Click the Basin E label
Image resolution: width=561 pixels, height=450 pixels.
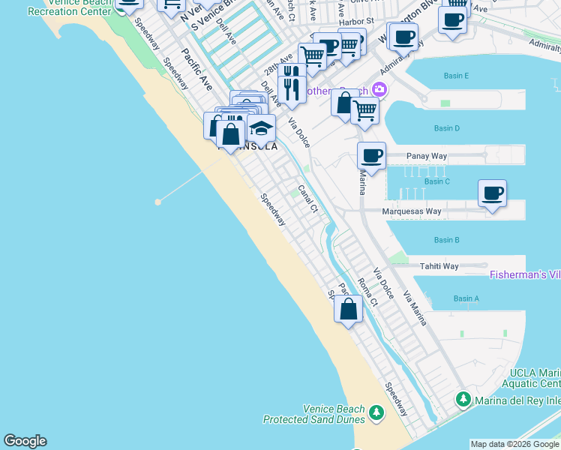point(456,76)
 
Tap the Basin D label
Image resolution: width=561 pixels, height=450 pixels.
point(446,128)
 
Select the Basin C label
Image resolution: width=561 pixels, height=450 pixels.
point(436,181)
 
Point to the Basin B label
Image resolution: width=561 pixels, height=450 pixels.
point(446,240)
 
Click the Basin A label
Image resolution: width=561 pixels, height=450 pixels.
point(466,298)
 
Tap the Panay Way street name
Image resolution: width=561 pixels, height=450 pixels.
point(427,156)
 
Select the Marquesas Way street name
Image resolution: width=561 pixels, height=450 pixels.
point(412,211)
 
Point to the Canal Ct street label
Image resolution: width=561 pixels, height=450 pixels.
point(308,199)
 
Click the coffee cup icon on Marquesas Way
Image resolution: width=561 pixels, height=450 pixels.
point(492,193)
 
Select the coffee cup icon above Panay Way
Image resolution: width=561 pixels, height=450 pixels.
point(371,156)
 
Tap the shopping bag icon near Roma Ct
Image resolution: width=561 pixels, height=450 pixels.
point(349,308)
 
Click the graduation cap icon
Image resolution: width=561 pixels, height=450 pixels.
point(261,128)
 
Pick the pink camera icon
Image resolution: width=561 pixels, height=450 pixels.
point(379,91)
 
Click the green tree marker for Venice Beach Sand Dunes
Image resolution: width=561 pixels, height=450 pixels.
point(376,413)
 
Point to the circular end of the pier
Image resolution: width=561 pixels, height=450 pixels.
point(157,202)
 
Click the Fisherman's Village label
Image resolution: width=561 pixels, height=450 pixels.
point(525,275)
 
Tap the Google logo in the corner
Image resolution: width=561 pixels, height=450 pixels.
point(25,441)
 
